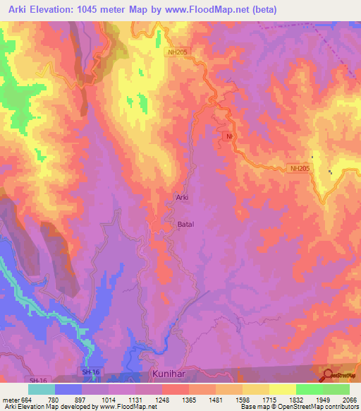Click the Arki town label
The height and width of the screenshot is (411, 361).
181,198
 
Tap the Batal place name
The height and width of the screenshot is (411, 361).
184,225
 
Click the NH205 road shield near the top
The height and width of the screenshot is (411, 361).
179,52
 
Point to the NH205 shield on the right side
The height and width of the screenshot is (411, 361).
299,168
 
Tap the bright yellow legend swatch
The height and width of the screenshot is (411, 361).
283,389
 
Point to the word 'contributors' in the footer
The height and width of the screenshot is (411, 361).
341,407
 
